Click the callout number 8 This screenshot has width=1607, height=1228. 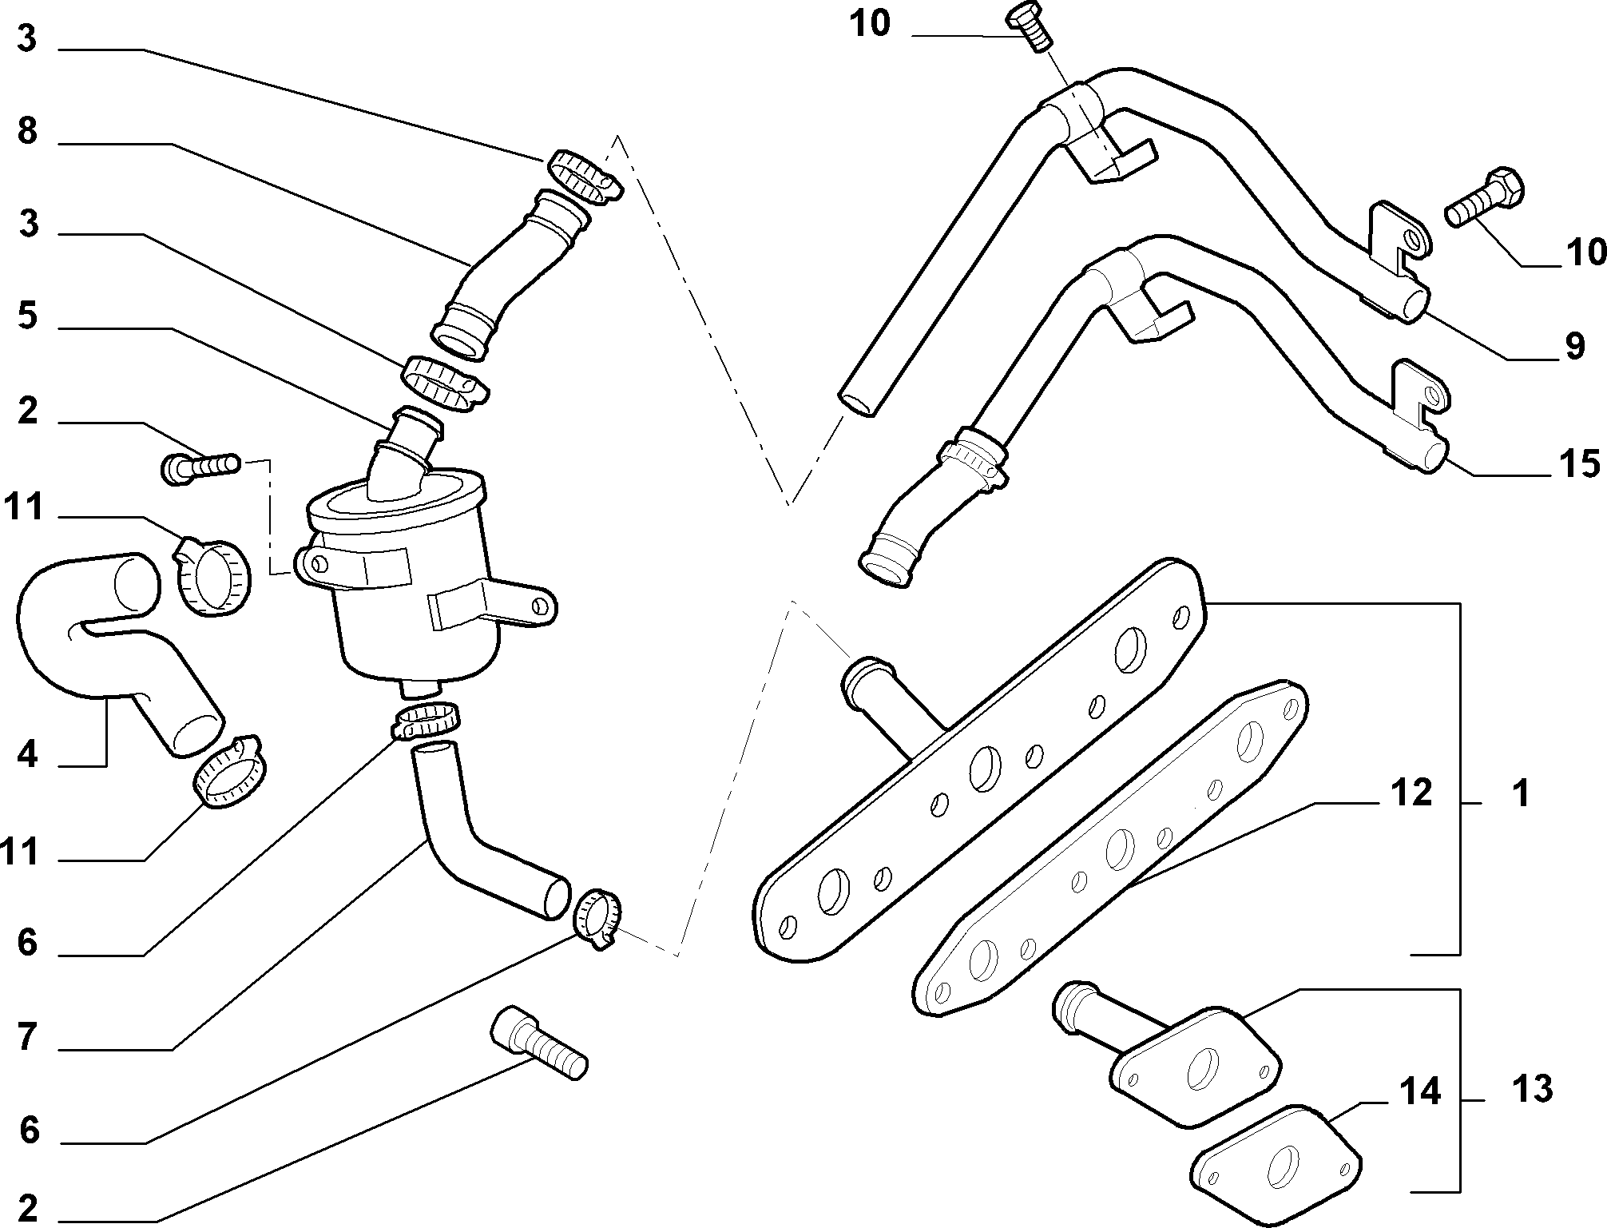(27, 131)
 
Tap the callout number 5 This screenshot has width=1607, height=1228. (27, 316)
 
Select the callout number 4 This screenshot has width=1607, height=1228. (27, 753)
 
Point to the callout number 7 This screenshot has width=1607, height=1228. (27, 1037)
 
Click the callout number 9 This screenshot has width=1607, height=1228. (1573, 346)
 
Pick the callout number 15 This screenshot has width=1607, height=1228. (1579, 464)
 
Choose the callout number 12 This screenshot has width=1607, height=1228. (1411, 793)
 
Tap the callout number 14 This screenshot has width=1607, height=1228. (1419, 1091)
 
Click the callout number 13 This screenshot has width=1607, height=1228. (1531, 1089)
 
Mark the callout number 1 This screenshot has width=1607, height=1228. (1521, 793)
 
